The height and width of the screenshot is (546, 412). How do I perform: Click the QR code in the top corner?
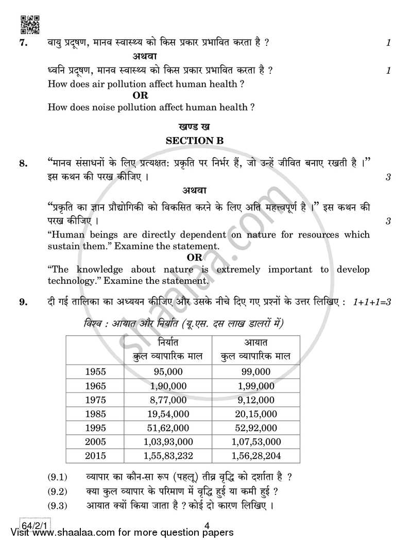[x=29, y=25]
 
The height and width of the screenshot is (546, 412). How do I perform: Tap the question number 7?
[x=23, y=43]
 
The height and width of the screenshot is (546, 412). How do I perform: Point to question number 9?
[x=23, y=302]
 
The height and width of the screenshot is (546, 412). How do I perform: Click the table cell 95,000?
[x=166, y=371]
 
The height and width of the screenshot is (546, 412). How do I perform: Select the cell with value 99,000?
[x=256, y=371]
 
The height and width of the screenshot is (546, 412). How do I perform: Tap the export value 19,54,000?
[x=166, y=414]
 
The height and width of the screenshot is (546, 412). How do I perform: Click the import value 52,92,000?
[x=256, y=428]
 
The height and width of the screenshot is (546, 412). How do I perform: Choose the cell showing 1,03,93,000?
[x=166, y=441]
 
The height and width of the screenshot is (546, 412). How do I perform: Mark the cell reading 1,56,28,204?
[x=256, y=456]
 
